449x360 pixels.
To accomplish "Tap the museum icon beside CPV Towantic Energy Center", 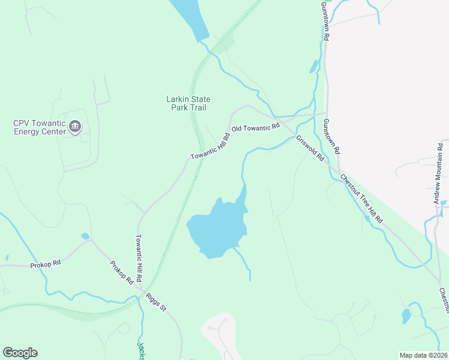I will pos(75,126).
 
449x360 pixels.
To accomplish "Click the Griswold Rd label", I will pos(310,148).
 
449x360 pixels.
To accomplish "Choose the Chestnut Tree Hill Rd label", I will pos(361,199).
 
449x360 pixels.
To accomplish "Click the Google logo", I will pos(20,353).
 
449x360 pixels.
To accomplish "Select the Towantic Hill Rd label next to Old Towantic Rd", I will pos(210,146).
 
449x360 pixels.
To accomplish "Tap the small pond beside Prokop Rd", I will pos(85,236).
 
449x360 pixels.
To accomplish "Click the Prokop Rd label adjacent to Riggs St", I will pos(121,273).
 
